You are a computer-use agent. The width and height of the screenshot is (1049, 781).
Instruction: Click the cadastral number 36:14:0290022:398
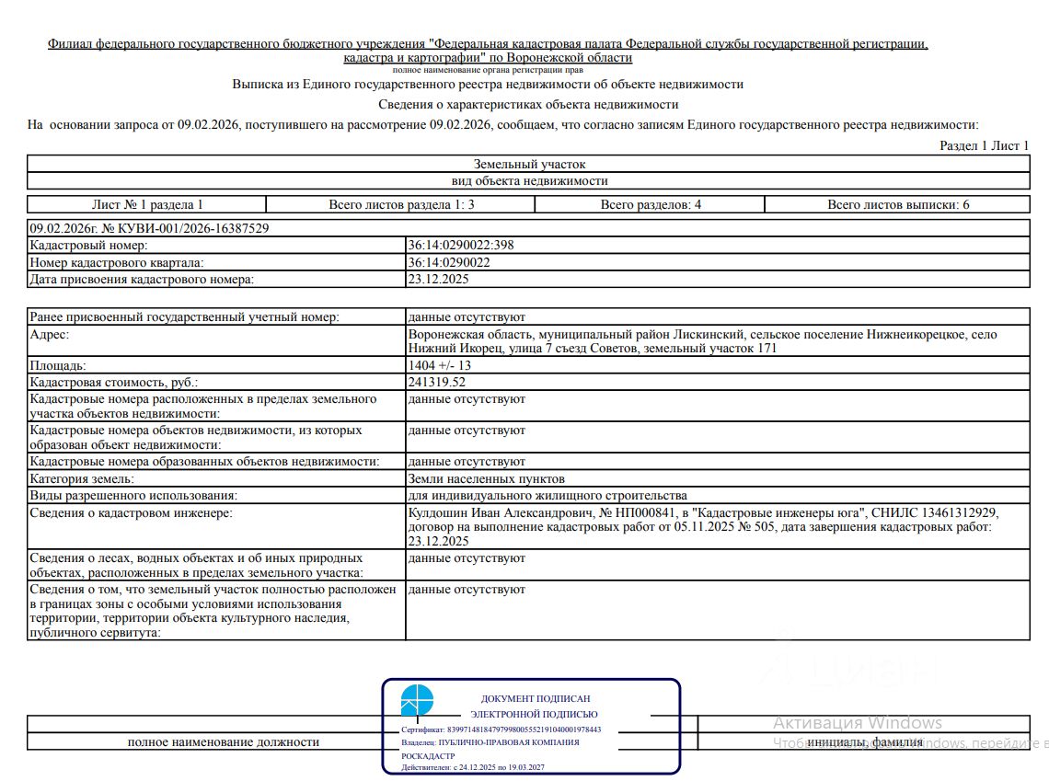[x=460, y=246]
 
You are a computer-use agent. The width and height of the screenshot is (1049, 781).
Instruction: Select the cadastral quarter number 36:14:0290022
[x=449, y=262]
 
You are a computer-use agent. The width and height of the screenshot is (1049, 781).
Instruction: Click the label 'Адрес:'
[x=50, y=335]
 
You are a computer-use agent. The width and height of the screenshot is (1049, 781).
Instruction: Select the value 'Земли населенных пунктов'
[x=486, y=479]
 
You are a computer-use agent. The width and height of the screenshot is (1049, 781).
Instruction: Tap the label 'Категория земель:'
[x=82, y=479]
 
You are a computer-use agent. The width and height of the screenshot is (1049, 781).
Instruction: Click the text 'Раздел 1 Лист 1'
[x=984, y=145]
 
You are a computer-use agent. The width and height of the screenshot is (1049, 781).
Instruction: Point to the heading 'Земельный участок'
[x=529, y=164]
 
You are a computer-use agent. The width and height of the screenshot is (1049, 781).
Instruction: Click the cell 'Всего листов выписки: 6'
[x=898, y=205]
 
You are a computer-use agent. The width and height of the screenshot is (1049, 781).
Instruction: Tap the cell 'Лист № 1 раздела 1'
[x=147, y=205]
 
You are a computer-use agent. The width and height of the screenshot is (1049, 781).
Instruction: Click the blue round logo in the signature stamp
[x=417, y=701]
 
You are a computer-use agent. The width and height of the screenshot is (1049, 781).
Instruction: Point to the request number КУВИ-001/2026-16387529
[x=184, y=228]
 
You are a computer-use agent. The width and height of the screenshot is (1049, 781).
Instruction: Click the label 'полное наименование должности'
[x=224, y=742]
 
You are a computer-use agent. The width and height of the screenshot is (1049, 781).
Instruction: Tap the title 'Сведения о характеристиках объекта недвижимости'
[x=528, y=105]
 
